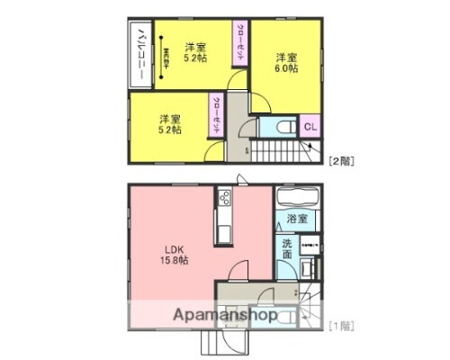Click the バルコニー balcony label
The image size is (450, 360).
click(142, 53)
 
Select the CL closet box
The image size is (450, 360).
click(309, 127)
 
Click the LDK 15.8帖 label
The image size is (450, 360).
click(175, 255)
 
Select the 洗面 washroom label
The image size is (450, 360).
click(286, 249)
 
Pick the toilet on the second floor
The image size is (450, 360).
click(281, 128)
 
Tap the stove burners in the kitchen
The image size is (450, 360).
click(223, 197)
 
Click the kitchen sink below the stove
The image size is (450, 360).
click(223, 230)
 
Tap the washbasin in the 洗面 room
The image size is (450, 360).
click(308, 266)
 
